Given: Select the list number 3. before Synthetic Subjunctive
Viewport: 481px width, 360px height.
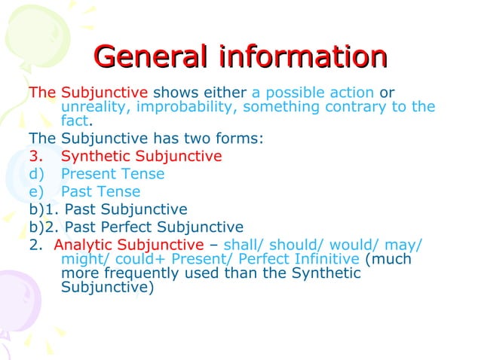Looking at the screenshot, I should (37, 157).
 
